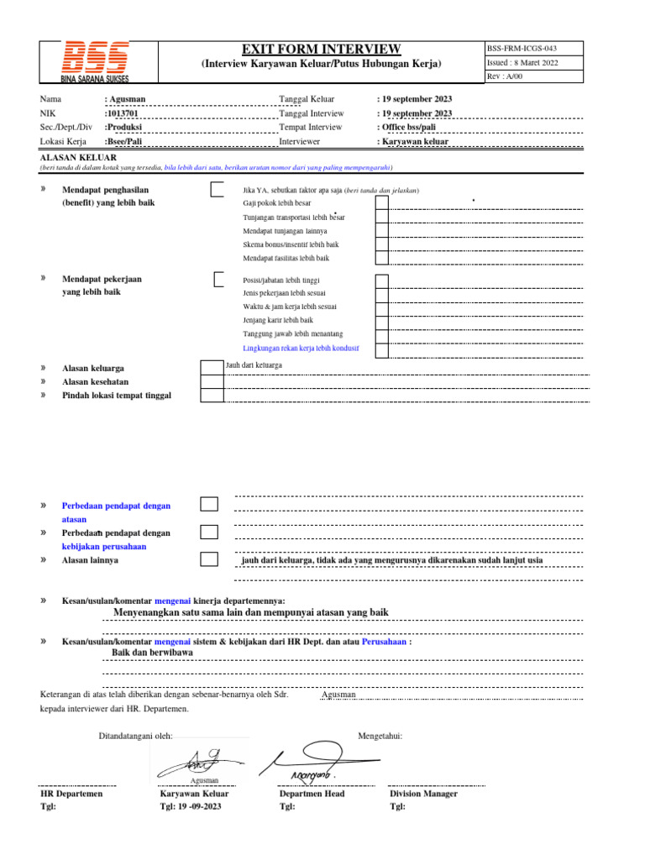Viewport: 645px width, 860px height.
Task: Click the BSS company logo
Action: (94, 60)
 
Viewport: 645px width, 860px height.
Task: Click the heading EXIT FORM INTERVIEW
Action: (322, 49)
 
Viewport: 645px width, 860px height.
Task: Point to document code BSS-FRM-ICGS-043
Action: (522, 48)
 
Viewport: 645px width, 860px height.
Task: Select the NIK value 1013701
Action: (124, 113)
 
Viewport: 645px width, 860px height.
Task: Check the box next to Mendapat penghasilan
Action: (218, 189)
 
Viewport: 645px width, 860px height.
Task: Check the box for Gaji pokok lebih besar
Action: (381, 202)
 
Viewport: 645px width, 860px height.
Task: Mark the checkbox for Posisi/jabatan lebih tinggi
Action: (381, 281)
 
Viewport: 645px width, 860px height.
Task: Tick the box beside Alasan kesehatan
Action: (212, 381)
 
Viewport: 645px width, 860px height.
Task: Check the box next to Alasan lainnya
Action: (208, 559)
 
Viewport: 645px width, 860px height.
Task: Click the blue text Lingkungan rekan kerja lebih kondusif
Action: (301, 347)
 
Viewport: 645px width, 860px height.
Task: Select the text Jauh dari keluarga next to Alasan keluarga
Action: (254, 365)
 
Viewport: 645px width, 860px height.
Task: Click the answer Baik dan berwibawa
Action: (152, 652)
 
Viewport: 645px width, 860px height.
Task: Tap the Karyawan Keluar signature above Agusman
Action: (191, 763)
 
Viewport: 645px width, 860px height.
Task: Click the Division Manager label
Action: (423, 793)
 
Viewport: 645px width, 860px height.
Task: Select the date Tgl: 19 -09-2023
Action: (191, 806)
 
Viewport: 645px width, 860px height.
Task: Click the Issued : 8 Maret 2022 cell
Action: (522, 63)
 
